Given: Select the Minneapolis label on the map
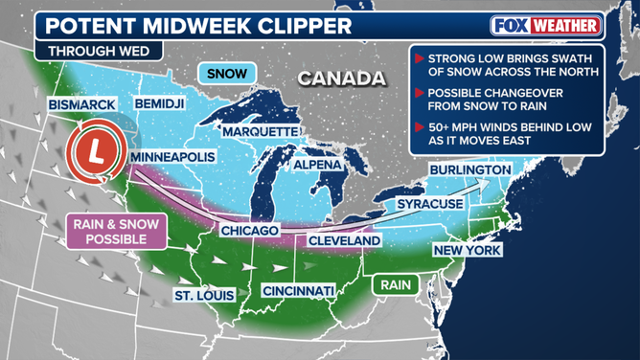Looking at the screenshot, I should pos(172,156).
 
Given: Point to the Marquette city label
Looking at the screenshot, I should pos(262,130).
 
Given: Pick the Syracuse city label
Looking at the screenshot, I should pos(430,204).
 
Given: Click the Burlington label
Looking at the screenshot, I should pos(470,169).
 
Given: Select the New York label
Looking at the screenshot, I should pos(469,250).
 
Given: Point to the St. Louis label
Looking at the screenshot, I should pos(203,294).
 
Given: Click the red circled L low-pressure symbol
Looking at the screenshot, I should pos(94,152).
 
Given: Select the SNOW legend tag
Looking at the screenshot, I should pos(226,73).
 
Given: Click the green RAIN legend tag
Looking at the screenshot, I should pos(396,284).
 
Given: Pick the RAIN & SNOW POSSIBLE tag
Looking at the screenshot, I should pos(116,231).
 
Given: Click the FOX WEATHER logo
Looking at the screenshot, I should pos(545,25).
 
